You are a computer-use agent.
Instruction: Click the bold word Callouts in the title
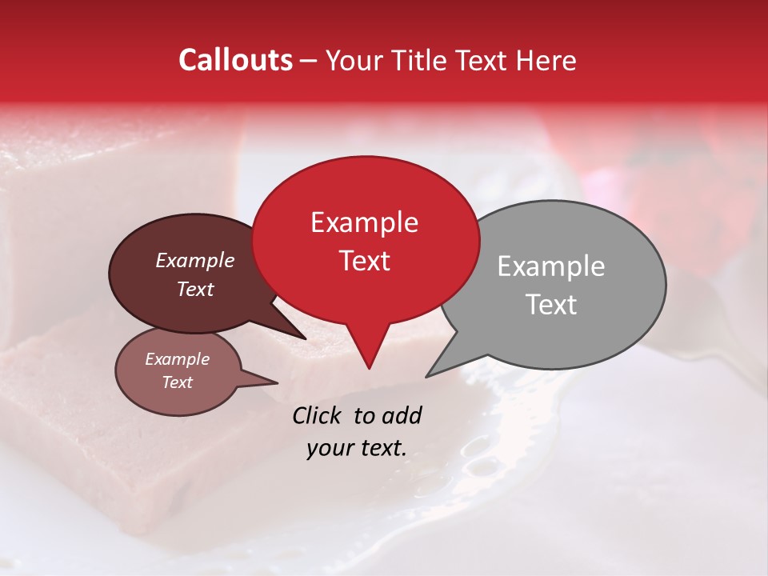point(235,60)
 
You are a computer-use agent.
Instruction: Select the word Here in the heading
point(546,60)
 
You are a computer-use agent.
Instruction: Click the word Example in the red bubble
point(364,222)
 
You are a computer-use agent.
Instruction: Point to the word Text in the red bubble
point(364,261)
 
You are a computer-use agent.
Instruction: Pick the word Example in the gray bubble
point(551,266)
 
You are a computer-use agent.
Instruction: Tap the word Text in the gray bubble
point(551,305)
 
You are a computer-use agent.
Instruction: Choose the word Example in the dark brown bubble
point(194,260)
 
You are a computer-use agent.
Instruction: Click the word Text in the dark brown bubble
point(194,289)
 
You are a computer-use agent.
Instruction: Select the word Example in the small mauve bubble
point(177,359)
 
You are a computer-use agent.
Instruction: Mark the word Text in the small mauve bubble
point(177,382)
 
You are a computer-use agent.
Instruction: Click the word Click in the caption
point(318,415)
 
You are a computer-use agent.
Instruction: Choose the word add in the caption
point(402,415)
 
